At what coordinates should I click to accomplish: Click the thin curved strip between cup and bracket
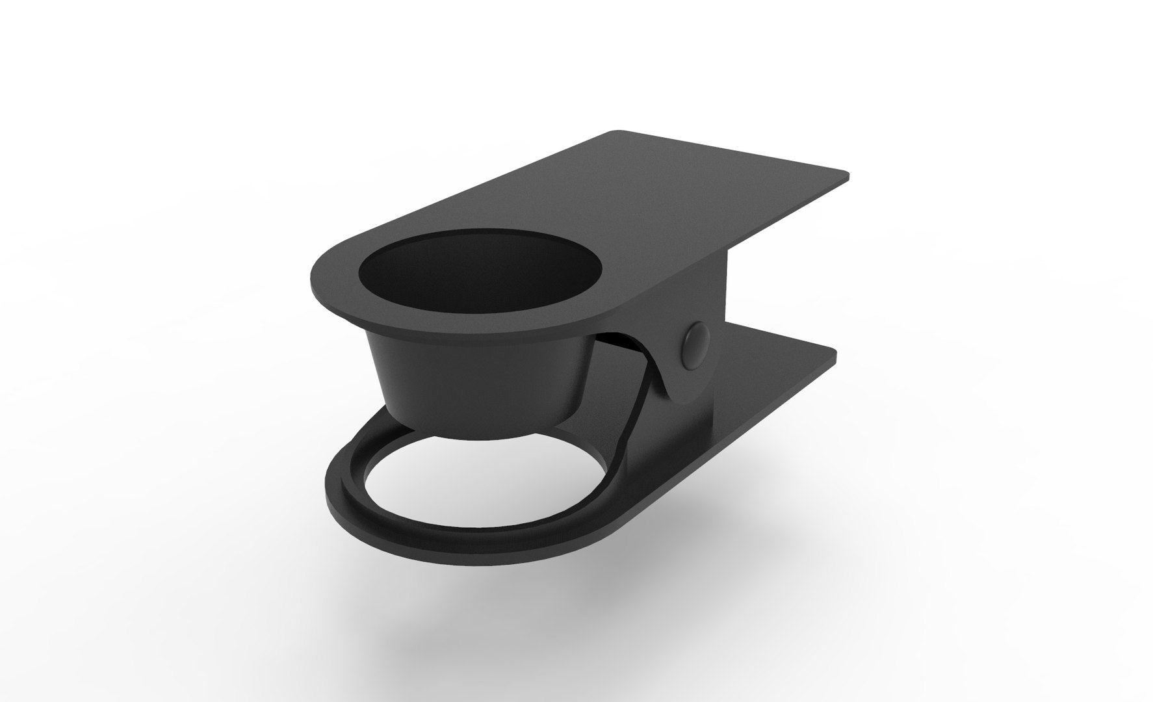pyautogui.click(x=640, y=390)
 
